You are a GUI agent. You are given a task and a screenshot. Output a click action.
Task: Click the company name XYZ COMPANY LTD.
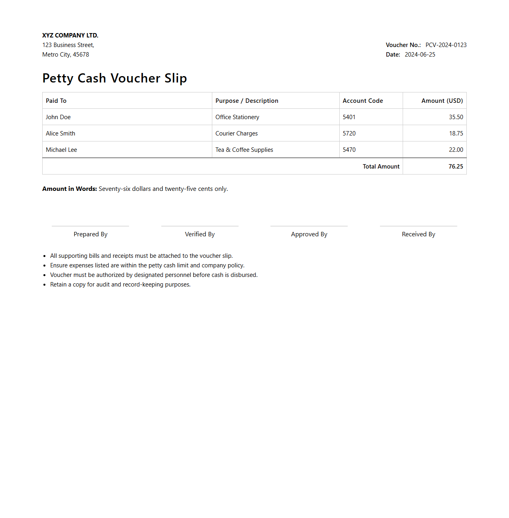[70, 35]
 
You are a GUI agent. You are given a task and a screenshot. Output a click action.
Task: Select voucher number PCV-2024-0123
[446, 45]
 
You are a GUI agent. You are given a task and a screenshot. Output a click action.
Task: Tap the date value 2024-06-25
[420, 55]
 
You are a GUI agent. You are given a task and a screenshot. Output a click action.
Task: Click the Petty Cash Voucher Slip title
[114, 78]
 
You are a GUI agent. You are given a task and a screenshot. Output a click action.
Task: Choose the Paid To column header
[56, 101]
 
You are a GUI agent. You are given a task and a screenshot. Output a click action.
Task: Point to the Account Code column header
[362, 101]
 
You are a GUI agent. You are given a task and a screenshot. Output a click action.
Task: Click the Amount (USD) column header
[442, 101]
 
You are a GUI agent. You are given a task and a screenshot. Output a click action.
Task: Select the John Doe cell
[58, 117]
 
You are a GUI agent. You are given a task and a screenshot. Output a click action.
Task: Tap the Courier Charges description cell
[237, 133]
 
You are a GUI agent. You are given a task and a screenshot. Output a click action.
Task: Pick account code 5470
[349, 150]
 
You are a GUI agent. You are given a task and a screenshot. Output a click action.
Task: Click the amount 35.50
[456, 117]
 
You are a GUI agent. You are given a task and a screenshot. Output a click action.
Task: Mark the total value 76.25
[456, 167]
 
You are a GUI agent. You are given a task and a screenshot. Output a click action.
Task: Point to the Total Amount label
[381, 167]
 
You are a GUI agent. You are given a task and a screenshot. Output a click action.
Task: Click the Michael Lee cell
[61, 150]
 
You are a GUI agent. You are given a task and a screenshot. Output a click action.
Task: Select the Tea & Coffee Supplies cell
[244, 150]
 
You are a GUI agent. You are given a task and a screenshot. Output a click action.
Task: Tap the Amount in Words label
[70, 189]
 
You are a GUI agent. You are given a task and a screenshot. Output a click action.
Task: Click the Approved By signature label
[309, 234]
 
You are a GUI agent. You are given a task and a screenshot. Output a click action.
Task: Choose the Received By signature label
[418, 234]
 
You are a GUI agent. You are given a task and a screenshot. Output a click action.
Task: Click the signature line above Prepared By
[90, 226]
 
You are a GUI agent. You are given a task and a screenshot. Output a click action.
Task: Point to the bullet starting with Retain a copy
[120, 285]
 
